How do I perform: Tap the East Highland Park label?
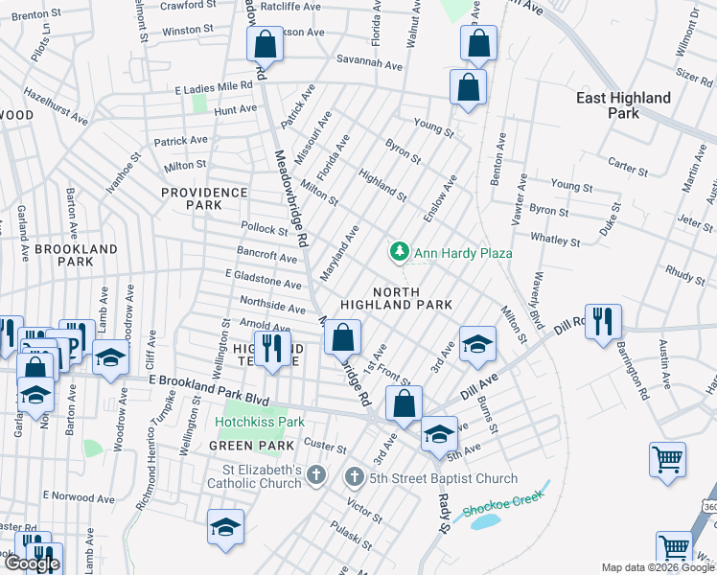[623, 105]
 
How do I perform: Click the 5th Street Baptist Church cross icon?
[354, 478]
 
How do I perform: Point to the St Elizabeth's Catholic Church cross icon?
[318, 476]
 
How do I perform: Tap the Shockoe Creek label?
[503, 502]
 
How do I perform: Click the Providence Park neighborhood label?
[203, 198]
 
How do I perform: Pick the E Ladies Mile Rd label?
[214, 86]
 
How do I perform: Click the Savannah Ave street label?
[369, 63]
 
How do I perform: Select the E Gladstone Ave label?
[264, 279]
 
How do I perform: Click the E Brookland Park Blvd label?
[209, 387]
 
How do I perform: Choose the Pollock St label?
[265, 231]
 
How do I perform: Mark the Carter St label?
[628, 167]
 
